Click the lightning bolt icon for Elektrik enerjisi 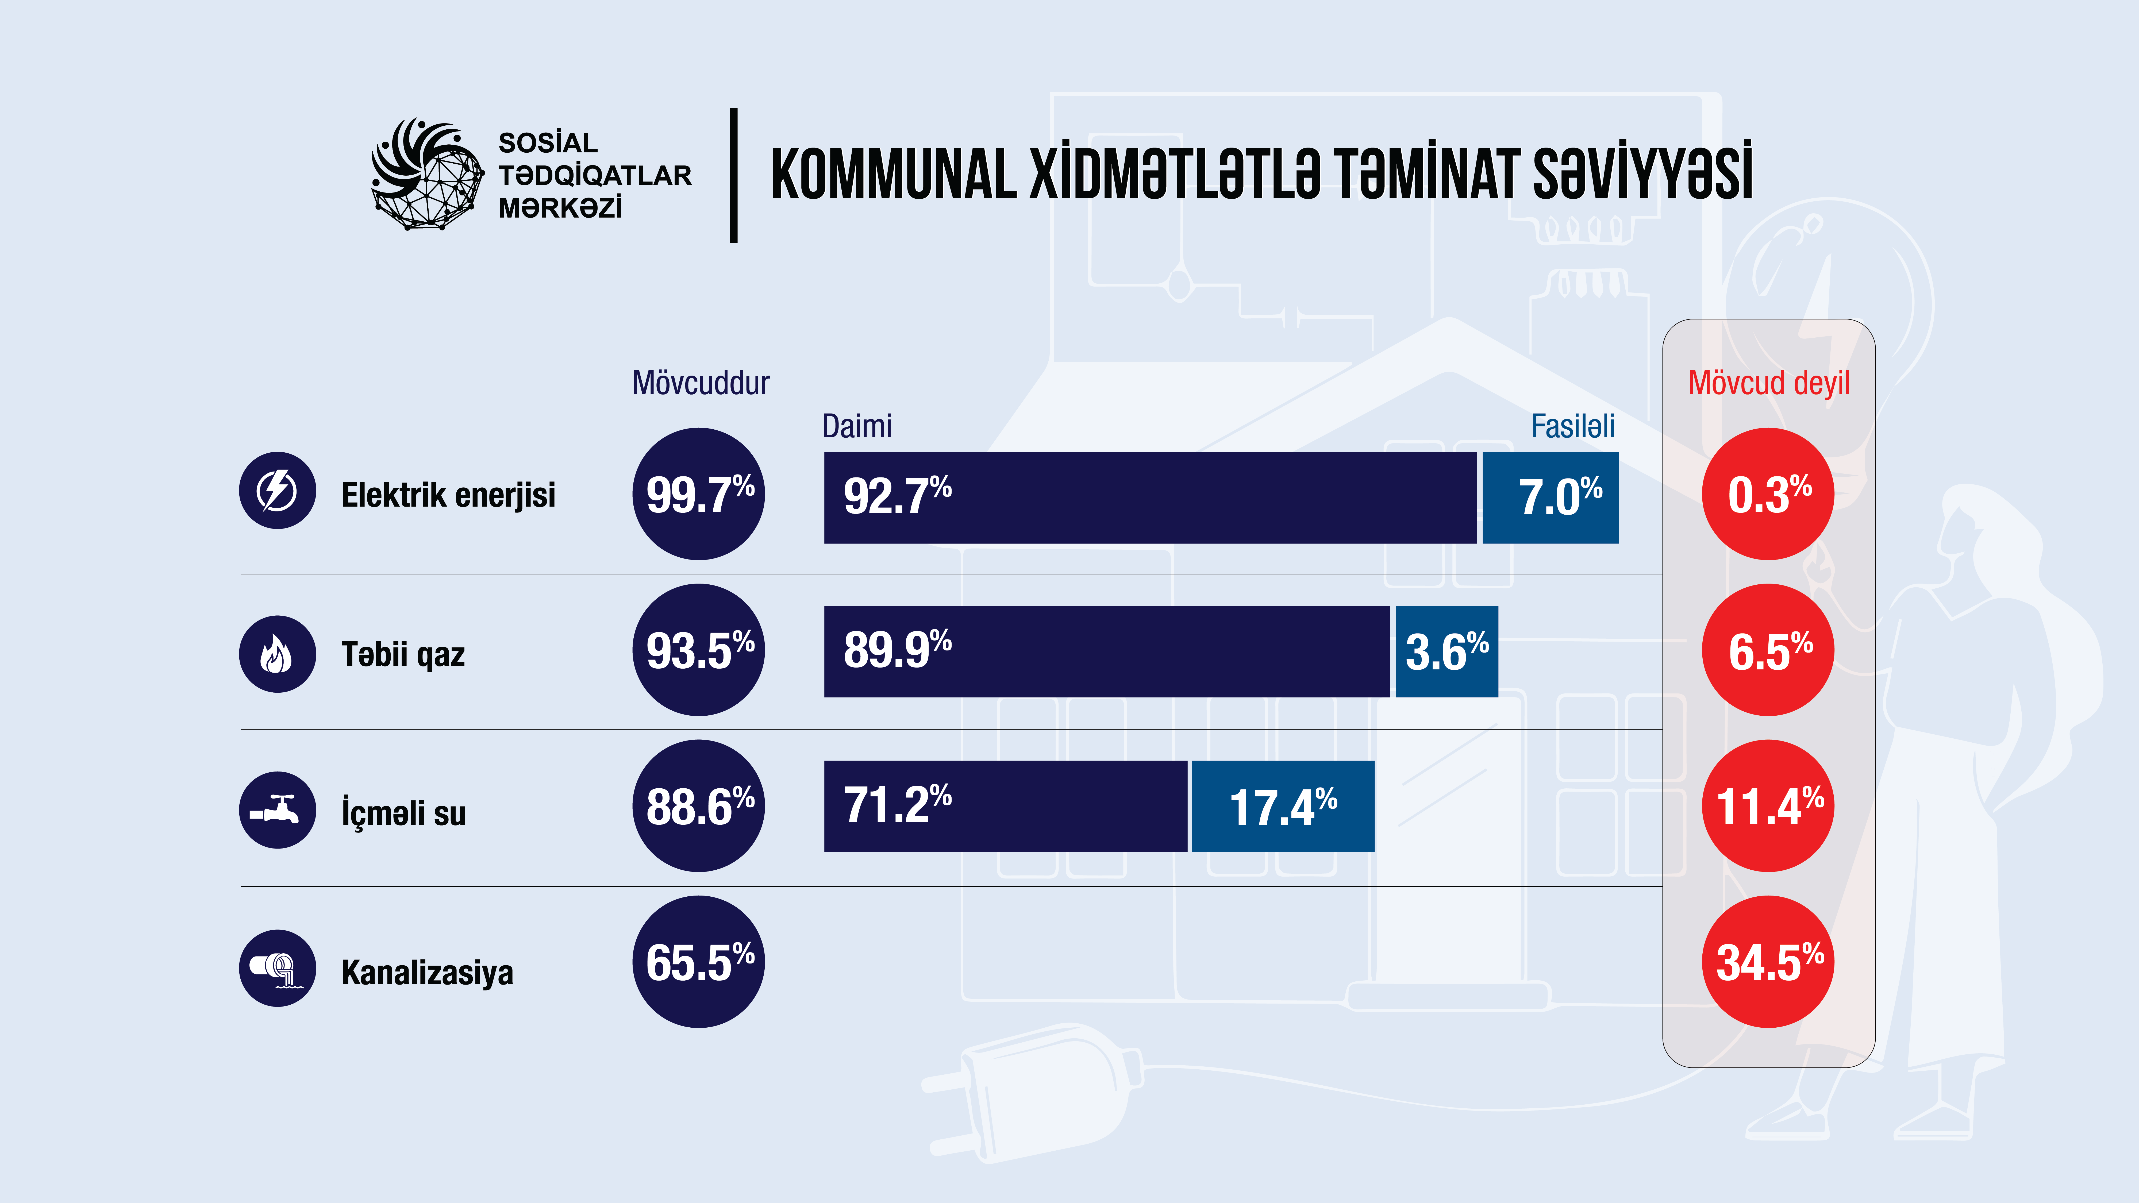[x=277, y=491]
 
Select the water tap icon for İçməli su [x=277, y=809]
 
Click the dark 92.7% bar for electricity [x=1150, y=498]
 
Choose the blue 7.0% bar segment [x=1550, y=498]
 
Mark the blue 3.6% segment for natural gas [x=1446, y=652]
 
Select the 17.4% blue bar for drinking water [x=1283, y=806]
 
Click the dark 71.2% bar [x=1005, y=806]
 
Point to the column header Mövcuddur [x=701, y=383]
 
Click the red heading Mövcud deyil [x=1769, y=383]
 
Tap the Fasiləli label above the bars [x=1573, y=427]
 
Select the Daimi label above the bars [x=856, y=427]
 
